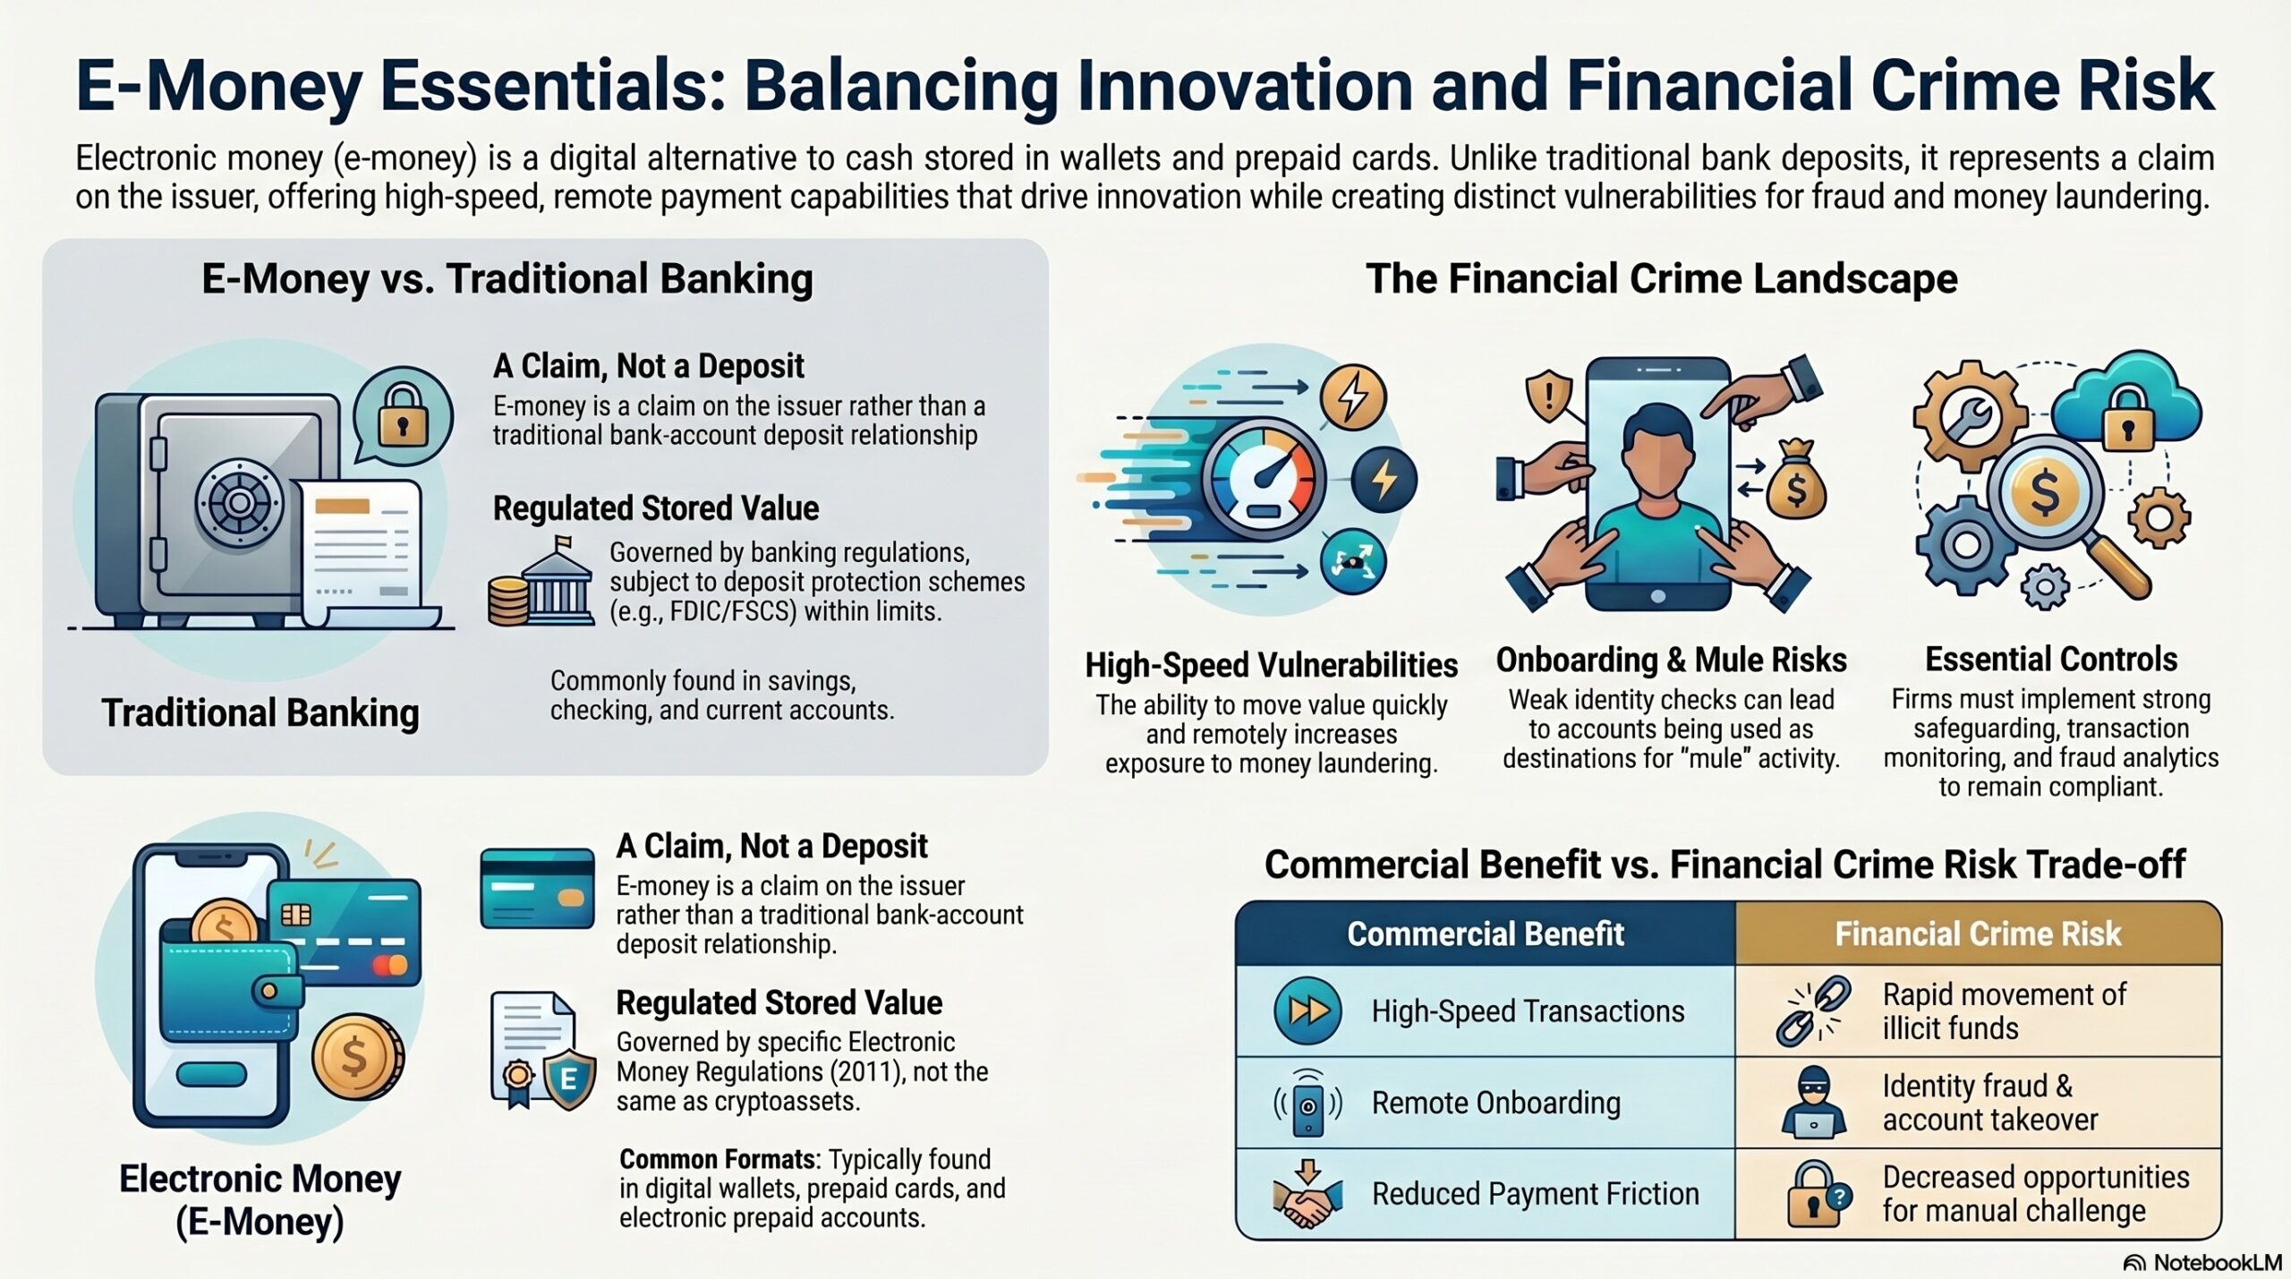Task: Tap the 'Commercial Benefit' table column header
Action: [1486, 934]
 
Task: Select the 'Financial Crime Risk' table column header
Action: [1978, 934]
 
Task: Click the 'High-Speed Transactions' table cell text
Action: [1529, 1011]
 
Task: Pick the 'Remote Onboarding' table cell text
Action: [1496, 1103]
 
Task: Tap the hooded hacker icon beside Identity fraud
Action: [1814, 1103]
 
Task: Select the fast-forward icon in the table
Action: [1307, 1011]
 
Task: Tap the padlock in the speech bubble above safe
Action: [403, 414]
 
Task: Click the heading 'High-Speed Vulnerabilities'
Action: [1272, 665]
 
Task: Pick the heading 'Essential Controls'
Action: [2051, 659]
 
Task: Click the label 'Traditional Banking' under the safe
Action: [260, 713]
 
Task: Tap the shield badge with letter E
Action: [568, 1079]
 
